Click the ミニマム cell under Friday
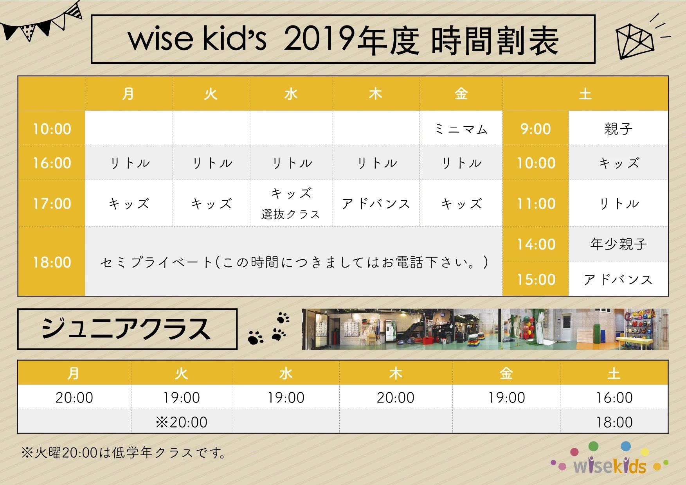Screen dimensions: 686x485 [x=461, y=129]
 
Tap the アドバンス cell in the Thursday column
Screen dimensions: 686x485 [x=376, y=204]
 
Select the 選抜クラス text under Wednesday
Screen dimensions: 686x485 [x=291, y=214]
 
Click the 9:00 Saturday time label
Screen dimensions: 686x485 [x=535, y=129]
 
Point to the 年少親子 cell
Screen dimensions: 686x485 [x=618, y=244]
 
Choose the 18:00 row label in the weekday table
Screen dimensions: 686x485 [x=52, y=262]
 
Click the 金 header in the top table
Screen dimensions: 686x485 [x=461, y=94]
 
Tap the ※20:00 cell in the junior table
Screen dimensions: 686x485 [x=182, y=422]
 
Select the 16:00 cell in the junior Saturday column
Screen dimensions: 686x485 [x=614, y=398]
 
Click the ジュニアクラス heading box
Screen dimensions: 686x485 [x=127, y=329]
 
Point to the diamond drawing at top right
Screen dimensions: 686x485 [x=635, y=40]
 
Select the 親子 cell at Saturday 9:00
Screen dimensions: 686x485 [x=618, y=129]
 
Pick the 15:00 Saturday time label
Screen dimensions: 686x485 [x=536, y=279]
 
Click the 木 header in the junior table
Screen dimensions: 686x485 [x=396, y=374]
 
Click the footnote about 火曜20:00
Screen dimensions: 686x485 [x=124, y=453]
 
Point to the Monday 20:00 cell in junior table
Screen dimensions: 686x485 [x=74, y=398]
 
